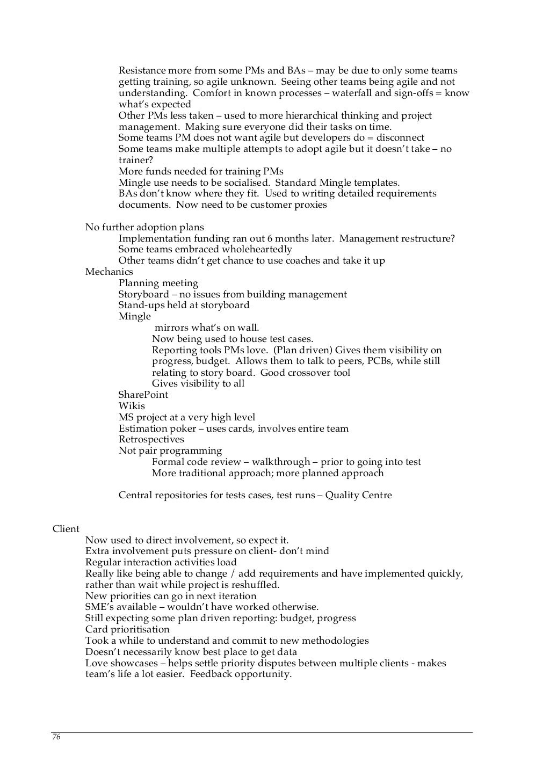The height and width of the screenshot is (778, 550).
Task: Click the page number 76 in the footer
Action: click(56, 737)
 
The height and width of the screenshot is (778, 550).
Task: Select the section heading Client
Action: click(66, 529)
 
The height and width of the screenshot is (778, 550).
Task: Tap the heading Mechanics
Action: click(109, 272)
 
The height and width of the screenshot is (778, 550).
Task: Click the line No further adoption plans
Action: click(144, 227)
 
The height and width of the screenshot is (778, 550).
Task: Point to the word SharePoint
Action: click(143, 395)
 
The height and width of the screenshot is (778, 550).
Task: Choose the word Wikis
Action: click(132, 406)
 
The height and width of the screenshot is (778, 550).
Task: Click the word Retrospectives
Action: click(151, 439)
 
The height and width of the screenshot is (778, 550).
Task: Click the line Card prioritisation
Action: click(127, 629)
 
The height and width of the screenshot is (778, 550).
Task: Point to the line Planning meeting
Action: click(158, 283)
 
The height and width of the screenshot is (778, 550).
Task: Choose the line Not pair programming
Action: click(170, 450)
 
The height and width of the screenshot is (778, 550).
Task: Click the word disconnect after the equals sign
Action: click(400, 137)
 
